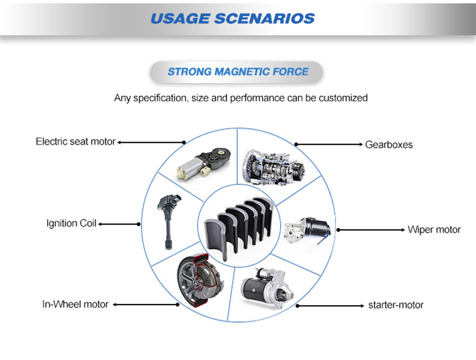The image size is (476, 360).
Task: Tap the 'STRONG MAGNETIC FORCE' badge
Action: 237,71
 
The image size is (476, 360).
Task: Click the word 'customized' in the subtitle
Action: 342,98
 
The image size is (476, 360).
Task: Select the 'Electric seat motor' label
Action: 75,141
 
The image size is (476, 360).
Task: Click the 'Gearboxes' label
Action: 389,145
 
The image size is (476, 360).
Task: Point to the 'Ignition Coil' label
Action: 71,223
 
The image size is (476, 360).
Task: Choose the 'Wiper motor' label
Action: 434,229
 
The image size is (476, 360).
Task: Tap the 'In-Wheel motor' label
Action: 75,304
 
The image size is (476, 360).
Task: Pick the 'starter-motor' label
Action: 396,305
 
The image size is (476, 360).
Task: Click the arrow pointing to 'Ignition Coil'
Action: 119,224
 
